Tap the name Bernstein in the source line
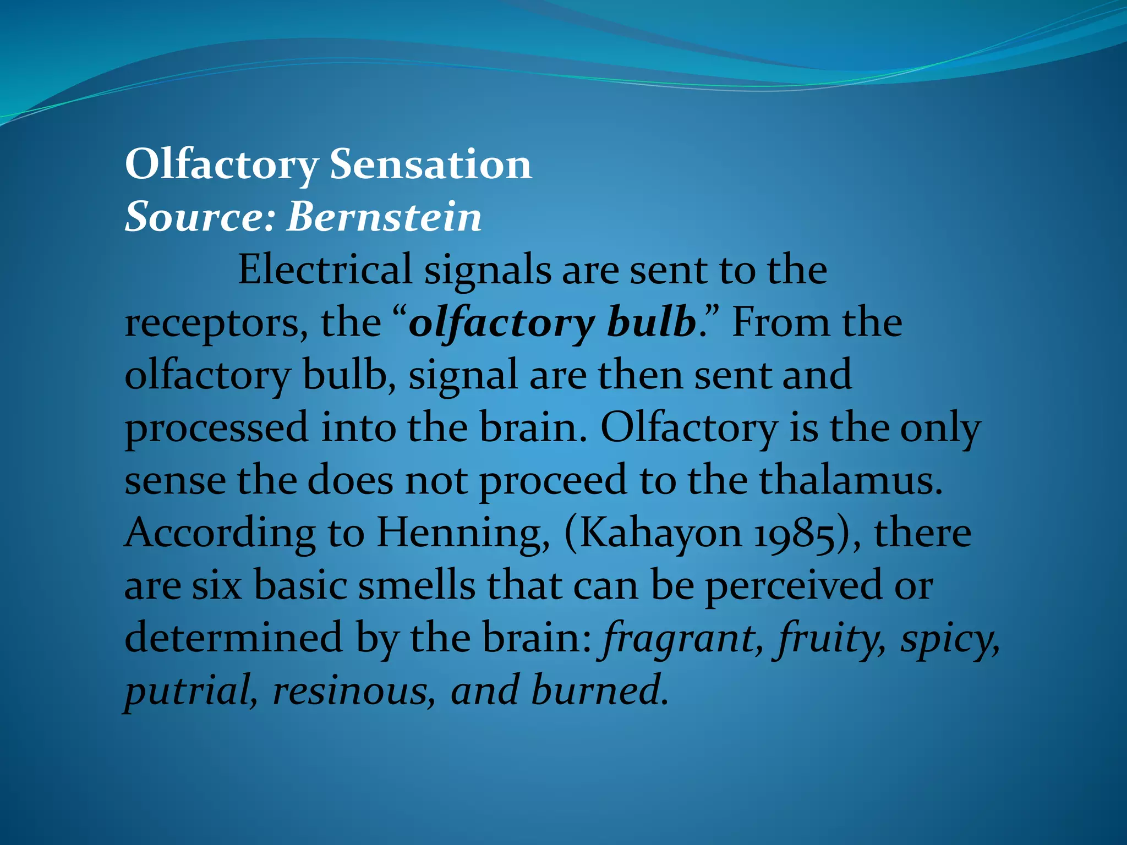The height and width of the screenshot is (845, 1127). click(x=384, y=217)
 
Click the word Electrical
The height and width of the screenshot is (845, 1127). click(x=325, y=270)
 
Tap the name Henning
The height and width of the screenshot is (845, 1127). click(x=462, y=534)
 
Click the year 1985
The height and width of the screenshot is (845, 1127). click(x=801, y=534)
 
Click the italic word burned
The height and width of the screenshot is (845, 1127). click(x=598, y=690)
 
